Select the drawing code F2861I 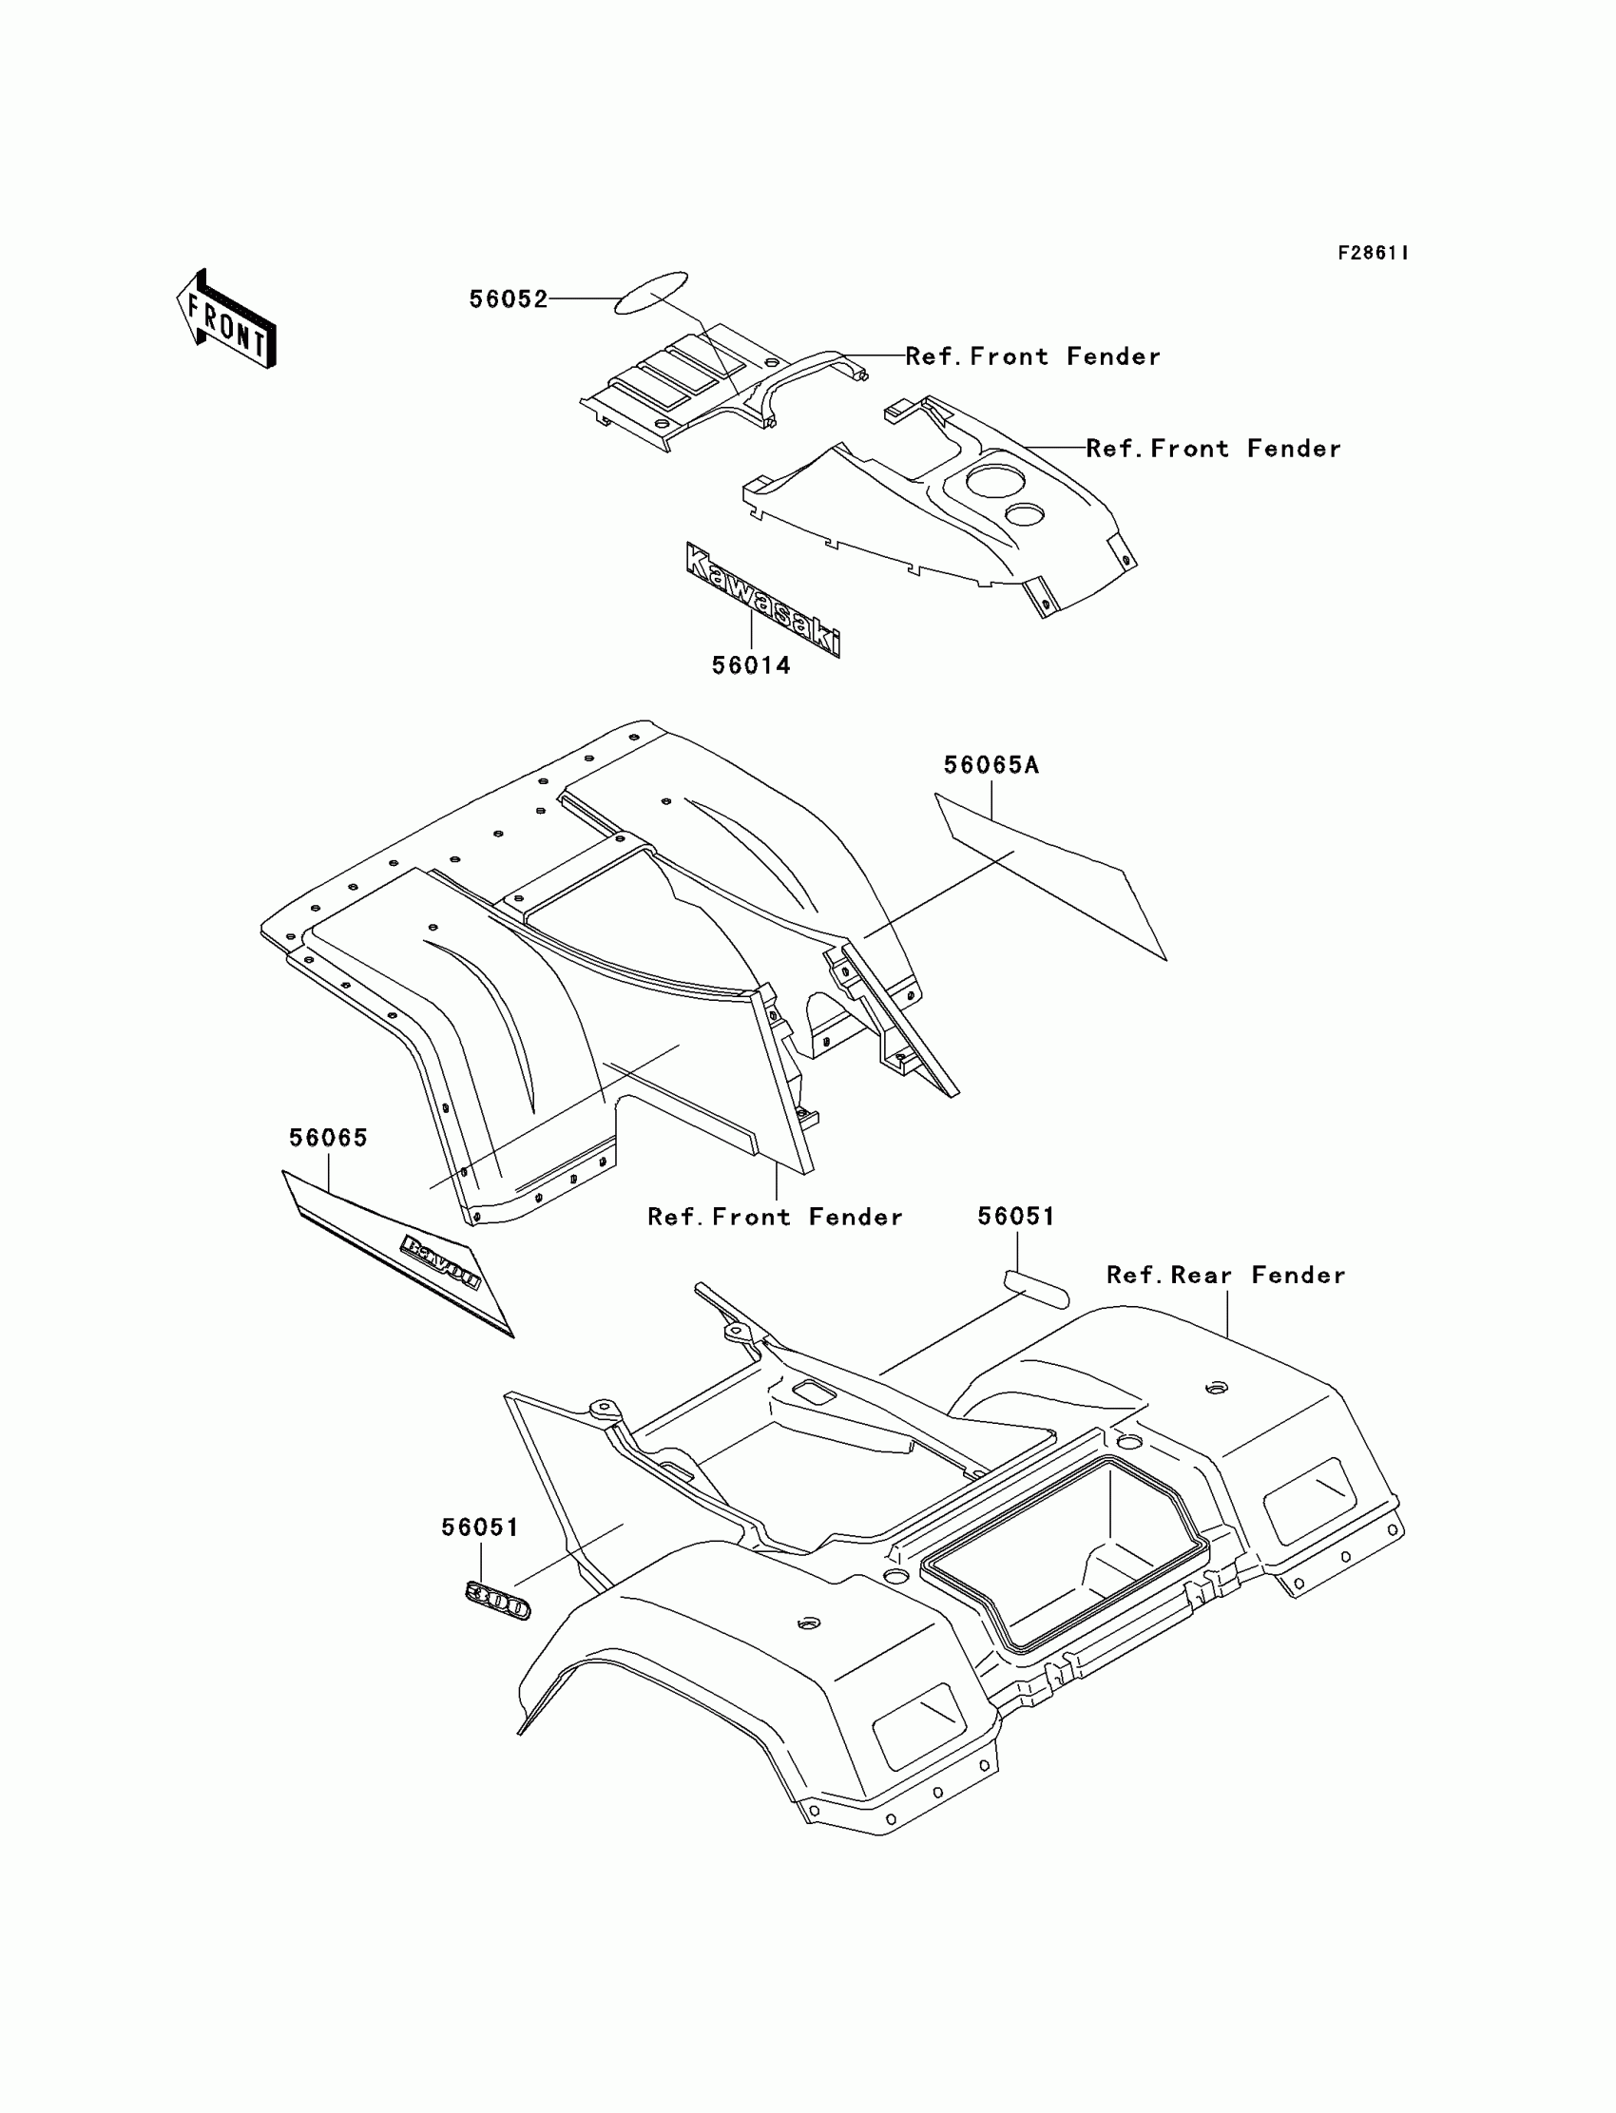coord(1373,253)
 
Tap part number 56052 coord(508,299)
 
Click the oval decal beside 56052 coord(651,293)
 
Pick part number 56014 coord(751,665)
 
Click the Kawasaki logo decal coord(762,599)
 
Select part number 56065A coord(991,765)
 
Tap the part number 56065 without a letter coord(329,1138)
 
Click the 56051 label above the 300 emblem coord(480,1527)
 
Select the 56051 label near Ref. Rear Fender coord(1016,1217)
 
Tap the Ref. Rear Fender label coord(1225,1276)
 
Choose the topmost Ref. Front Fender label coord(1033,356)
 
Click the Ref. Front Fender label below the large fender coord(776,1217)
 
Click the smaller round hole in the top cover coord(1025,513)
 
